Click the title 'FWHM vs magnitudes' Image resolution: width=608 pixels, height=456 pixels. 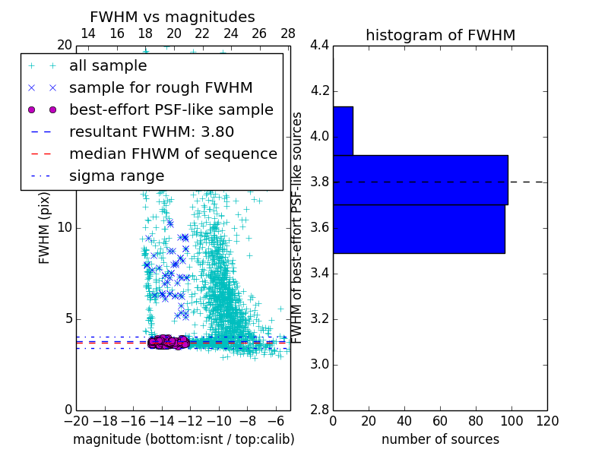[173, 17]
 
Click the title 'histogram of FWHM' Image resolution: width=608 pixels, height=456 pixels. [441, 35]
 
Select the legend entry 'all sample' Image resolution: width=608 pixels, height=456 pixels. [108, 66]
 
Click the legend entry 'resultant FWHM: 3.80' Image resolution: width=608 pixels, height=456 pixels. [151, 131]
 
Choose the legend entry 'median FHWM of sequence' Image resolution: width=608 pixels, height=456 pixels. [173, 154]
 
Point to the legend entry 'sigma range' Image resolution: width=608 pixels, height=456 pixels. [116, 176]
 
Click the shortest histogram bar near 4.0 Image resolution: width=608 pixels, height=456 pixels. [343, 131]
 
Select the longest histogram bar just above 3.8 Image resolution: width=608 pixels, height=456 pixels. [420, 180]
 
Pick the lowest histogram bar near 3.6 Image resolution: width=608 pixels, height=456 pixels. [419, 229]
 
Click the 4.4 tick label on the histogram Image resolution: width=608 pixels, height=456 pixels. [319, 46]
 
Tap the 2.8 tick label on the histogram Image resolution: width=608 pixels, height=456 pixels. [319, 410]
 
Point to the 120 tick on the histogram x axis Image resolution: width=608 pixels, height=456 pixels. [547, 421]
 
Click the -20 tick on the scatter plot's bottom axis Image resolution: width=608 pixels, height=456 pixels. [76, 421]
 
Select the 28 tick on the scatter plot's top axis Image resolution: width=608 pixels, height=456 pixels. [288, 33]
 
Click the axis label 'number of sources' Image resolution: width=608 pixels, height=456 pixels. [440, 439]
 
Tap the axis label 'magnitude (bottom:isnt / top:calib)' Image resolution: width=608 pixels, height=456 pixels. [183, 439]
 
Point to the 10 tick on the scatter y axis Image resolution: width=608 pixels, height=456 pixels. [64, 228]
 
